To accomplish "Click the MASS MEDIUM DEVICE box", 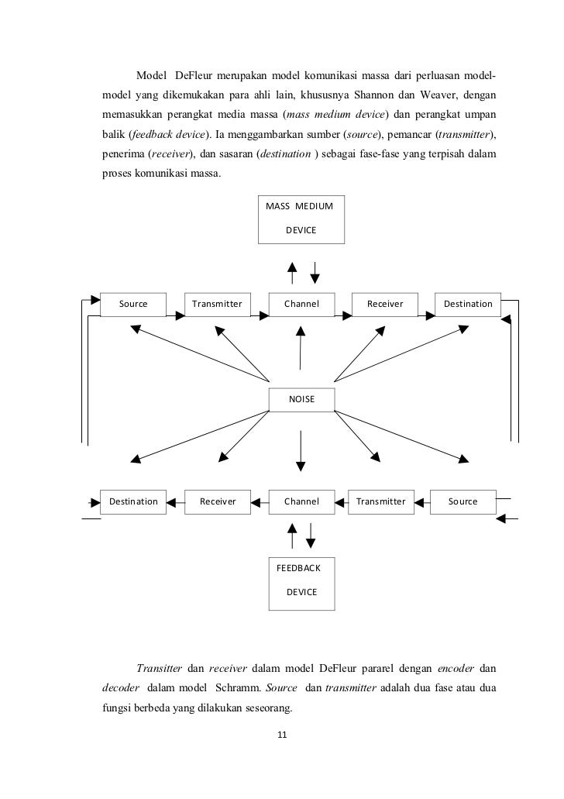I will [x=301, y=219].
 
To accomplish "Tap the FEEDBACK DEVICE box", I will [x=301, y=580].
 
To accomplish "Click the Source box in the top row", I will [x=134, y=304].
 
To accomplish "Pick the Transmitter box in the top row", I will [x=217, y=304].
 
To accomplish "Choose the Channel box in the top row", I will [x=301, y=304].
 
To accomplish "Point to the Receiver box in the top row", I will [x=385, y=304].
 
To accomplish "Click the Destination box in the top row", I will [x=468, y=304].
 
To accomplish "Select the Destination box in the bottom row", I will [x=133, y=501].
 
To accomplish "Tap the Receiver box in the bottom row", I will [x=218, y=501].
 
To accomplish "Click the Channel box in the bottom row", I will [x=301, y=501].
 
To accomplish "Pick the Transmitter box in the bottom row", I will [x=380, y=501].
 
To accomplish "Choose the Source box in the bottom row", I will [x=463, y=501].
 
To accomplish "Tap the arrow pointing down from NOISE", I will [x=301, y=449].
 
